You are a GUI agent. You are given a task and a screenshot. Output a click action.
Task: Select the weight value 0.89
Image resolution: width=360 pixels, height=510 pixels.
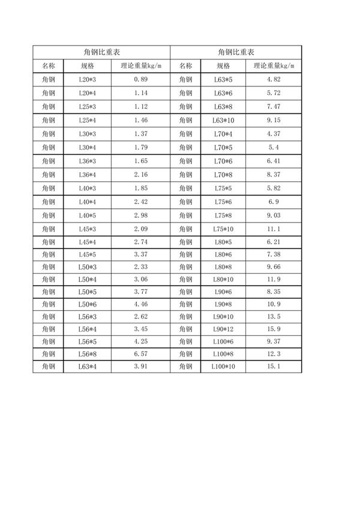coord(141,79)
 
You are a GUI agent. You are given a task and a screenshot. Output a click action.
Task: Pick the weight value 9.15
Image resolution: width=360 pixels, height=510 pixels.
coord(274,120)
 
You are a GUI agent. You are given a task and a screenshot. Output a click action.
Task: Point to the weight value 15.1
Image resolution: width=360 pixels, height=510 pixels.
coord(274,366)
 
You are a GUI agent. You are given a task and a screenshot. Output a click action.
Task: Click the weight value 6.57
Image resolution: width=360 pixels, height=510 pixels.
coord(141,353)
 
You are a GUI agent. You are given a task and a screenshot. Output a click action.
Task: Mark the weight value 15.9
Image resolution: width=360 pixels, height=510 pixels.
coord(274,329)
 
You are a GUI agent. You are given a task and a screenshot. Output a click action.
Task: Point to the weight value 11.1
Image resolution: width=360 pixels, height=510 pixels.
coord(274,229)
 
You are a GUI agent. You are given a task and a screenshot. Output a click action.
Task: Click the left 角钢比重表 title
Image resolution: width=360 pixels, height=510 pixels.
coord(101,52)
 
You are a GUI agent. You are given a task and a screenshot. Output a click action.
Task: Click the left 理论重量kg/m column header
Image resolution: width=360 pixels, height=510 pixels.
coord(141,65)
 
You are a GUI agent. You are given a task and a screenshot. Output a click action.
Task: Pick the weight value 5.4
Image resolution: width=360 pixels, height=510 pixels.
coord(274,147)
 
